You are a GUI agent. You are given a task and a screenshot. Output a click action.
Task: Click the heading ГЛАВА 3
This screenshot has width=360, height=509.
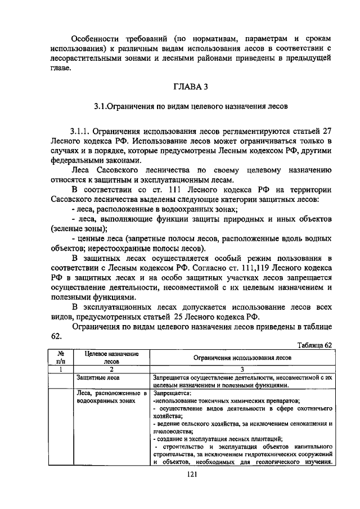[x=186, y=85]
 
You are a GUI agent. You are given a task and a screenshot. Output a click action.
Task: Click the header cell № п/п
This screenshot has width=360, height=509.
[x=58, y=357]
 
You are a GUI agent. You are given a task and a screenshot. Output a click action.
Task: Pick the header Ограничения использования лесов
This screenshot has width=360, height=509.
[x=242, y=357]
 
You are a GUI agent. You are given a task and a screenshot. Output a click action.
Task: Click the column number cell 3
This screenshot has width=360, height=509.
[x=242, y=369]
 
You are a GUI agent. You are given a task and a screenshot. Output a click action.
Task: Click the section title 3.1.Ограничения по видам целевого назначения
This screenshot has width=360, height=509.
[x=186, y=106]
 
